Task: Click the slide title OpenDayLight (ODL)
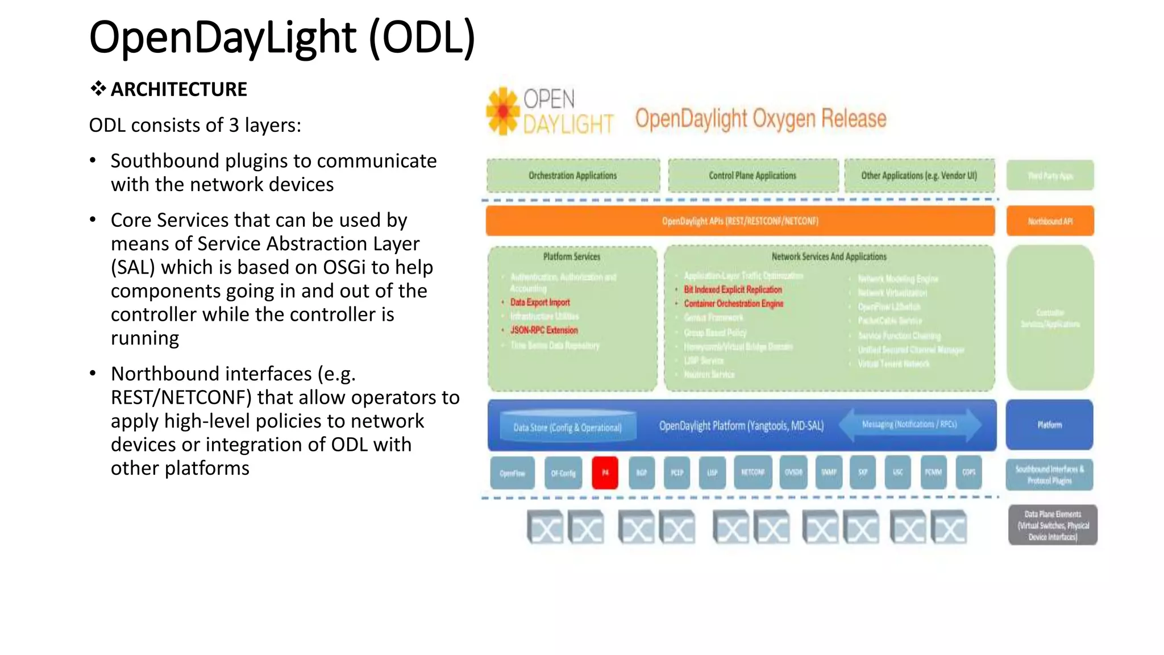pyautogui.click(x=282, y=38)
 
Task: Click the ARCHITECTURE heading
pyautogui.click(x=178, y=89)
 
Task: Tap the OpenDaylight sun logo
pyautogui.click(x=502, y=111)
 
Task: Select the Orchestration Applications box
pyautogui.click(x=573, y=176)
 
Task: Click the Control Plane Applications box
pyautogui.click(x=753, y=176)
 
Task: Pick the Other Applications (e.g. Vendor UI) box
pyautogui.click(x=919, y=176)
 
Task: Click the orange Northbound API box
pyautogui.click(x=1050, y=221)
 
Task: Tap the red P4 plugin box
pyautogui.click(x=605, y=472)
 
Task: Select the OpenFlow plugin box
pyautogui.click(x=512, y=473)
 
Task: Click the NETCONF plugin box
pyautogui.click(x=753, y=472)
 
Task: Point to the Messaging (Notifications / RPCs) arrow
pyautogui.click(x=909, y=425)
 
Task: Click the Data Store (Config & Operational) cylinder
pyautogui.click(x=567, y=427)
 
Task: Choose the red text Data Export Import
pyautogui.click(x=540, y=302)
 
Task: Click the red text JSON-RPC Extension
pyautogui.click(x=544, y=330)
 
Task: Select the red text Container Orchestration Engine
pyautogui.click(x=733, y=304)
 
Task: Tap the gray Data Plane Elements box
pyautogui.click(x=1053, y=525)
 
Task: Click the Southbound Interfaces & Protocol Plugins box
pyautogui.click(x=1049, y=475)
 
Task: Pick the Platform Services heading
pyautogui.click(x=572, y=257)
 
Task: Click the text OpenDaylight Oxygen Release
pyautogui.click(x=760, y=118)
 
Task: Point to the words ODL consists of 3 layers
pyautogui.click(x=195, y=125)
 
